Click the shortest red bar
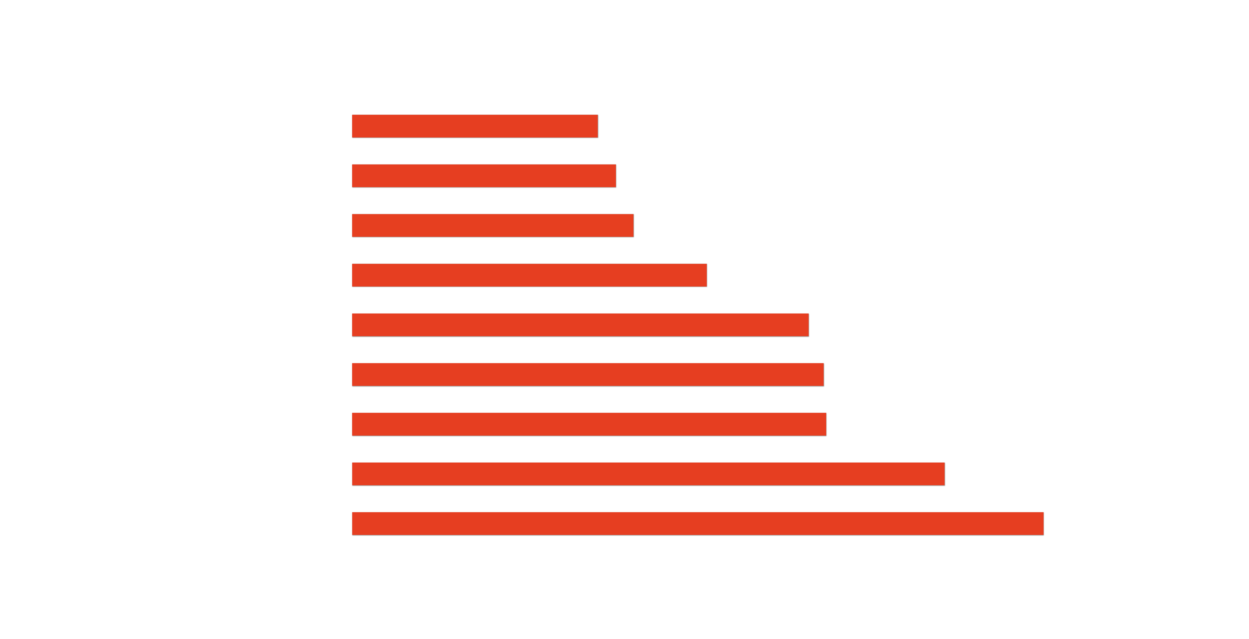pyautogui.click(x=475, y=126)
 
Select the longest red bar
pyautogui.click(x=698, y=524)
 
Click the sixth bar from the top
pyautogui.click(x=588, y=375)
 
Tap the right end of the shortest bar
pyautogui.click(x=598, y=126)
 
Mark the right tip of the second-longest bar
pyautogui.click(x=944, y=474)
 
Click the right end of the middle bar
pyautogui.click(x=808, y=325)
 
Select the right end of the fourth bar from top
pyautogui.click(x=707, y=275)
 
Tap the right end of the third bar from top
pyautogui.click(x=633, y=225)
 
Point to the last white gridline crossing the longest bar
pyautogui.click(x=932, y=524)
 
